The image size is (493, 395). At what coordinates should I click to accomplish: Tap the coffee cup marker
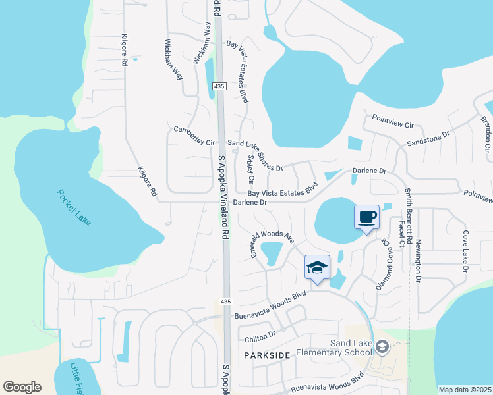366,217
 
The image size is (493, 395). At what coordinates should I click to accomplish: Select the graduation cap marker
316,267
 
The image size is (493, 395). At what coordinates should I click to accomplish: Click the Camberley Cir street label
194,136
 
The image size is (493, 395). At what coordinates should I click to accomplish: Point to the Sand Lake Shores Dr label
255,155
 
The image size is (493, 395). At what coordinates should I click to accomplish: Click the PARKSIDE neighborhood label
267,355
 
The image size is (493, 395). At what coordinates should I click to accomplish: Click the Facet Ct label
401,235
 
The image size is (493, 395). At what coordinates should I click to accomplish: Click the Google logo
22,387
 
